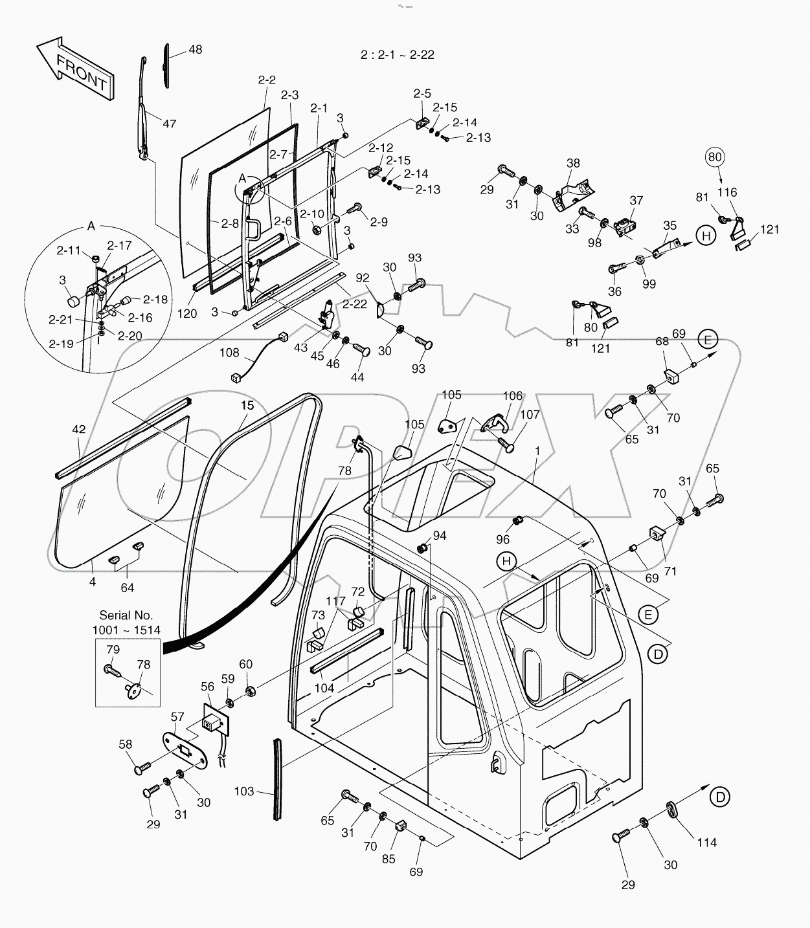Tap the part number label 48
[195, 50]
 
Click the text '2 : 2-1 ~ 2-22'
[398, 55]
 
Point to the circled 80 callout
[715, 157]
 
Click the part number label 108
[229, 353]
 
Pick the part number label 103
[244, 791]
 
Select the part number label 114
[706, 842]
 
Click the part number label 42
[78, 429]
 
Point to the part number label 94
[440, 535]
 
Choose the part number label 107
[528, 414]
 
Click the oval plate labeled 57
[185, 754]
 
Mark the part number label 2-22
[354, 304]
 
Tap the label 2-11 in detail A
[68, 250]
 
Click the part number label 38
[573, 164]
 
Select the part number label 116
[727, 192]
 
